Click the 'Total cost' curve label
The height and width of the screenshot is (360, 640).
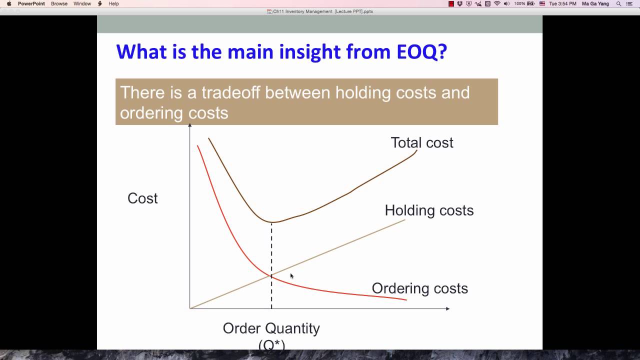[x=421, y=142]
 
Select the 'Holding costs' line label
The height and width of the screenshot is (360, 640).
[x=429, y=210]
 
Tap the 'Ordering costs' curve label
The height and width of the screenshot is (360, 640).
[x=419, y=288]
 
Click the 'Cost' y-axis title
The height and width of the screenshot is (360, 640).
[x=142, y=198]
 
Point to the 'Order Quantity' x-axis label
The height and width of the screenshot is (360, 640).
[x=271, y=328]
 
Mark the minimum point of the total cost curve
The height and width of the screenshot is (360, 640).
[x=271, y=222]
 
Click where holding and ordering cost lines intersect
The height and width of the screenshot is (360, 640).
[x=271, y=275]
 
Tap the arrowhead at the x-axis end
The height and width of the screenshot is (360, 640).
[x=447, y=308]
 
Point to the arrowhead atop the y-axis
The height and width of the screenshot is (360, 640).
[x=190, y=124]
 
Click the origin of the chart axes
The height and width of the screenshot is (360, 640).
[x=190, y=308]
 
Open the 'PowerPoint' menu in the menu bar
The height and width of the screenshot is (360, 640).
[x=31, y=3]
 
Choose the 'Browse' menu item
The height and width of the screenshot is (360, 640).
[x=59, y=3]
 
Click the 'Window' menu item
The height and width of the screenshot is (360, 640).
[x=82, y=3]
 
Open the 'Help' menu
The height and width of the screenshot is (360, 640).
[x=113, y=3]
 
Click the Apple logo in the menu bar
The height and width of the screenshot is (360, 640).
[x=9, y=3]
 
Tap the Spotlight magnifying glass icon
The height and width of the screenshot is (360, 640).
[x=618, y=3]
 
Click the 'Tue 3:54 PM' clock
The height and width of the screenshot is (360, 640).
[x=562, y=3]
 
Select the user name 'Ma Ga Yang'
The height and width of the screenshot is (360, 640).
[x=595, y=3]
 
